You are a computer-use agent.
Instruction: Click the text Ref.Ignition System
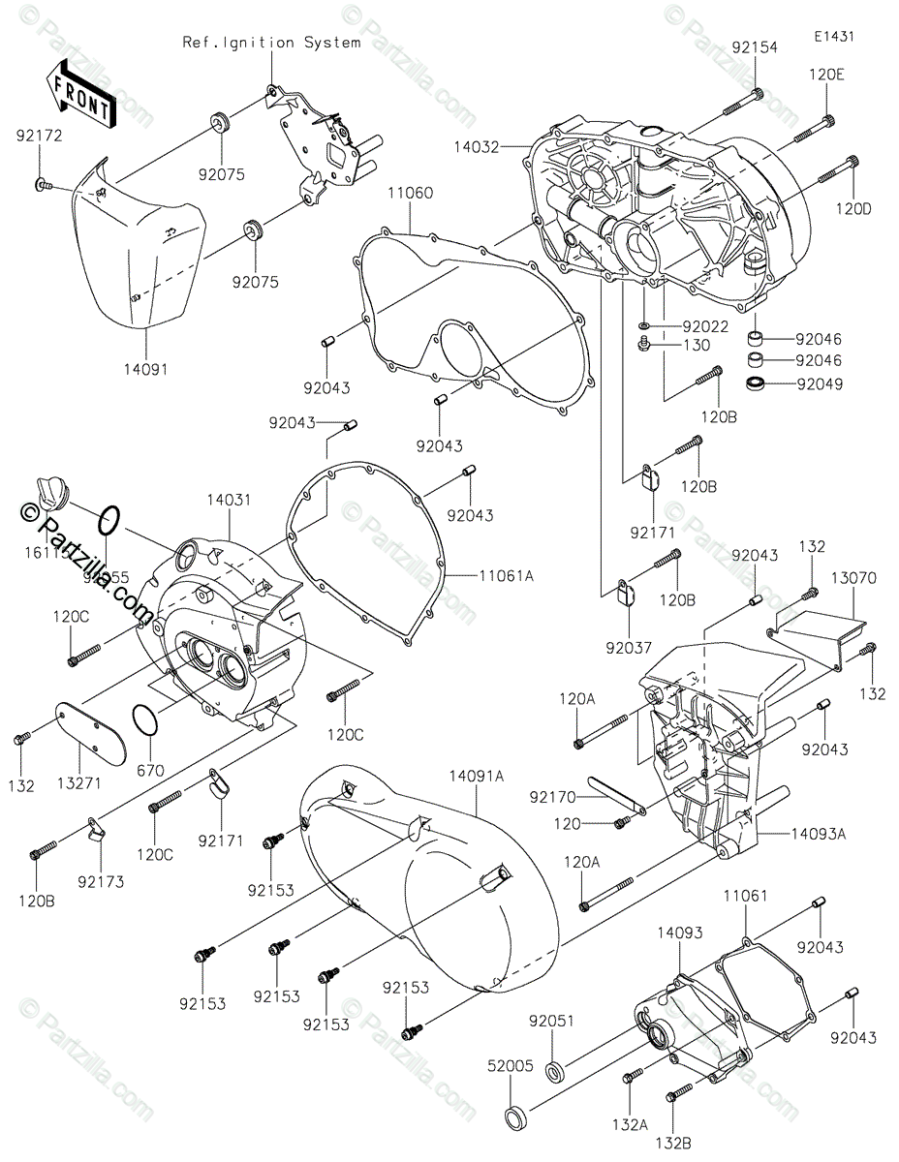[271, 43]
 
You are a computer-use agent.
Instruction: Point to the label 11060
[412, 194]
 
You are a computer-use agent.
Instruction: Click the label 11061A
[506, 575]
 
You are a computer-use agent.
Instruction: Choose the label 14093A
[818, 832]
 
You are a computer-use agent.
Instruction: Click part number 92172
[38, 137]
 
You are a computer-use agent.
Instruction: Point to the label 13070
[852, 577]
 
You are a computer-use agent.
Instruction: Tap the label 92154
[755, 46]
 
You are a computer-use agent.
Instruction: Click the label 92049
[820, 383]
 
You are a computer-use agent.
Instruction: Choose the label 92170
[552, 798]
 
